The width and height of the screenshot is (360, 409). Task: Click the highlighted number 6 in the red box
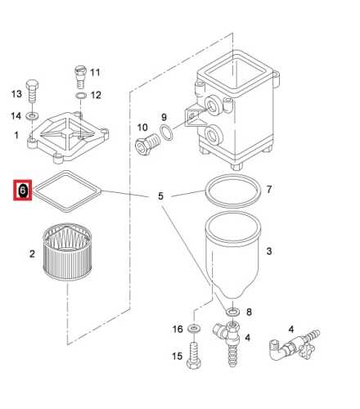pyautogui.click(x=23, y=191)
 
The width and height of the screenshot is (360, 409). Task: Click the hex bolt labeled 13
pyautogui.click(x=32, y=91)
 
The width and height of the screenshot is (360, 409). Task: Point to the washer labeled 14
pyautogui.click(x=32, y=115)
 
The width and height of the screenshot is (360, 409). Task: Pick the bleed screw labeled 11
pyautogui.click(x=80, y=77)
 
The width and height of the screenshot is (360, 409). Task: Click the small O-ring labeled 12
pyautogui.click(x=81, y=96)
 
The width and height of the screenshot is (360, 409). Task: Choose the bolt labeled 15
pyautogui.click(x=194, y=355)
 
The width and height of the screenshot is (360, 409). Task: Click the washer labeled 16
pyautogui.click(x=194, y=328)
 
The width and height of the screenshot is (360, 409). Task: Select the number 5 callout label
pyautogui.click(x=161, y=196)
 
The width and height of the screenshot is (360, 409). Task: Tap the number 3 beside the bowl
pyautogui.click(x=269, y=251)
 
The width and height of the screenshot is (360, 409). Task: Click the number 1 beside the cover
pyautogui.click(x=16, y=135)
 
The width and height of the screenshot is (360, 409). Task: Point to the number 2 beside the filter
pyautogui.click(x=32, y=254)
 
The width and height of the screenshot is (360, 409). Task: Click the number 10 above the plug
pyautogui.click(x=142, y=128)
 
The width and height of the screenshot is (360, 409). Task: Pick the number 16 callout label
pyautogui.click(x=178, y=329)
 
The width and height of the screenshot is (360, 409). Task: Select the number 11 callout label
pyautogui.click(x=95, y=73)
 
